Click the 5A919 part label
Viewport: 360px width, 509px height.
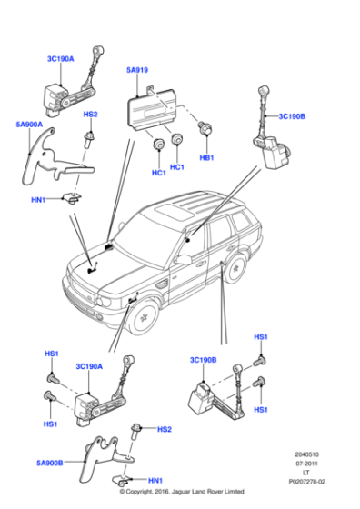pyautogui.click(x=137, y=68)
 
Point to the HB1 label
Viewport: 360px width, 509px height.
pyautogui.click(x=206, y=158)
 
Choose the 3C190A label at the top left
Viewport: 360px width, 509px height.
pyautogui.click(x=61, y=59)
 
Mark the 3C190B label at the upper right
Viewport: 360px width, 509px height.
pyautogui.click(x=292, y=116)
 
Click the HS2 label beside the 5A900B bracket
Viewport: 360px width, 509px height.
pyautogui.click(x=165, y=430)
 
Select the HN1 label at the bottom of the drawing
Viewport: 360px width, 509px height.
pyautogui.click(x=155, y=480)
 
